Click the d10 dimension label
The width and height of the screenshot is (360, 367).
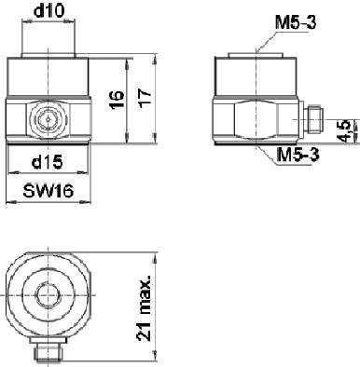point(49,11)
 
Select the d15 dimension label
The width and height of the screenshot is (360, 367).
point(48,162)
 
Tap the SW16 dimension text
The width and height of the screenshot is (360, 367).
point(48,190)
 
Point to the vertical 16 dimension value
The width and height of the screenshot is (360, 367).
point(117,100)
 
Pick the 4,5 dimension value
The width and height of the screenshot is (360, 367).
point(345,130)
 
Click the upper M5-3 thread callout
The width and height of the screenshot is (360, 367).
point(296,23)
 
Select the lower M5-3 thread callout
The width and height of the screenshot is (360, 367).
point(298,155)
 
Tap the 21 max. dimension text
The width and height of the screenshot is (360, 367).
point(144,307)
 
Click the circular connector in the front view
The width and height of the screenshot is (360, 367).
point(48,118)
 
